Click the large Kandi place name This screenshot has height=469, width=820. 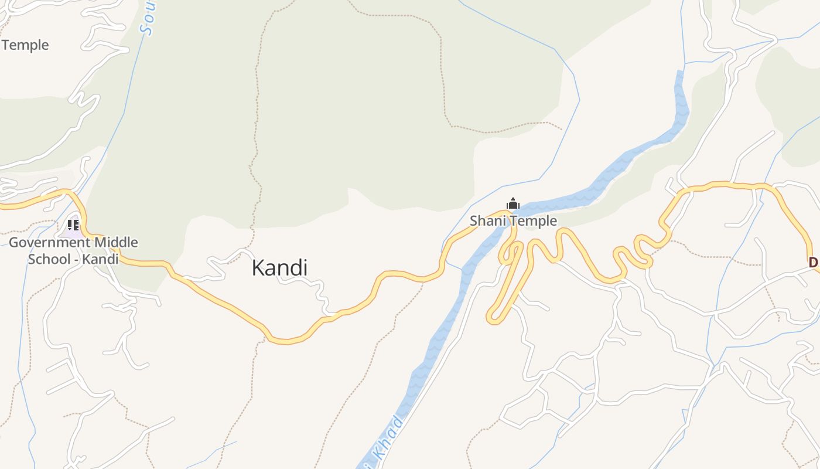tap(279, 268)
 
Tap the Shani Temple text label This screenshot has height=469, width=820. tap(513, 221)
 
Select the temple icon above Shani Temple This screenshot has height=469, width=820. tap(513, 204)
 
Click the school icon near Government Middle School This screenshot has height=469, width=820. tap(73, 225)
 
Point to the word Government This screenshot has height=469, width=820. tap(50, 242)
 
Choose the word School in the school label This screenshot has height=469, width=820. tap(49, 259)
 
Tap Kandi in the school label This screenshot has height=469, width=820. tap(100, 259)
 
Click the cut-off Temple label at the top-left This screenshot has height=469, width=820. tap(25, 45)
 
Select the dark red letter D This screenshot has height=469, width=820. tap(813, 263)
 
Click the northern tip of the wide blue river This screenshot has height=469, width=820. tap(679, 73)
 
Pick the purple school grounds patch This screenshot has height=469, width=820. tap(69, 230)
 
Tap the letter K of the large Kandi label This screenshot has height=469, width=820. tap(258, 268)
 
